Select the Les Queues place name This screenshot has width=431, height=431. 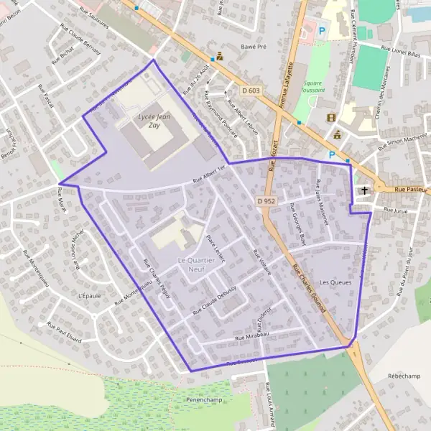click(335, 283)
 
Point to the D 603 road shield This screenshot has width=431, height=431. click(251, 90)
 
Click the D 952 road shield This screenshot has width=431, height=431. click(266, 201)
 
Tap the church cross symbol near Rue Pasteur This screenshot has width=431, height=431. click(365, 191)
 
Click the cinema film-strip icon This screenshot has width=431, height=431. click(330, 118)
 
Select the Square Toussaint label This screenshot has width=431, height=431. click(314, 86)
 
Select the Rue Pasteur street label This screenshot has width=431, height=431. click(412, 190)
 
